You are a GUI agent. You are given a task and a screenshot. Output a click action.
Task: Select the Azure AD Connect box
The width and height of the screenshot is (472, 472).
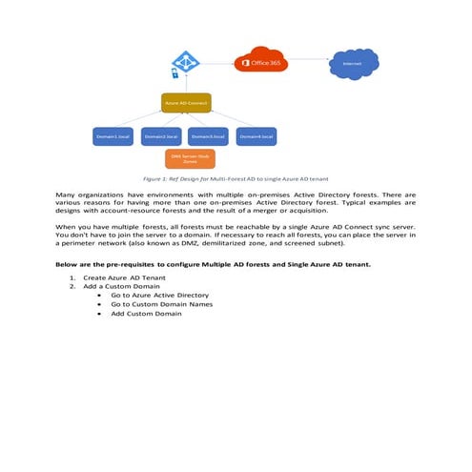click(x=186, y=101)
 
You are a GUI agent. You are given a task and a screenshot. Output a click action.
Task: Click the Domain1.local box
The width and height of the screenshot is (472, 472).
click(x=112, y=137)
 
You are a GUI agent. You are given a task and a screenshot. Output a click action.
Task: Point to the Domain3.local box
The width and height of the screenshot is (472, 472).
click(x=207, y=137)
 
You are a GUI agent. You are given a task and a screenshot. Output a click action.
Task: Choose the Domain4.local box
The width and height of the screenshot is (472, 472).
click(x=255, y=137)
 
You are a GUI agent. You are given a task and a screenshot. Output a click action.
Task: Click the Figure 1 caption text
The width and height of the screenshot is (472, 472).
click(x=235, y=178)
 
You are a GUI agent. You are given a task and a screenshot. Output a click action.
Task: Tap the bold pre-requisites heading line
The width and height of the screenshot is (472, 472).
click(x=213, y=263)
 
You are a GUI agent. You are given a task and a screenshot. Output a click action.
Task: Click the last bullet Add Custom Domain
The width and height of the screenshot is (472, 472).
click(x=146, y=314)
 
